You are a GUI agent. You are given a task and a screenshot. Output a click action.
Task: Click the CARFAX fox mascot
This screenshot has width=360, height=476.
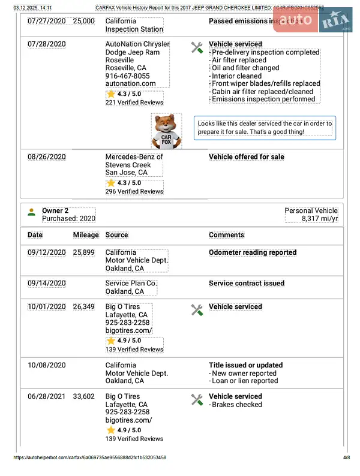click(166, 131)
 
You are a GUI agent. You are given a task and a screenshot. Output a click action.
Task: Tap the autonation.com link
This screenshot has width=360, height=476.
click(130, 84)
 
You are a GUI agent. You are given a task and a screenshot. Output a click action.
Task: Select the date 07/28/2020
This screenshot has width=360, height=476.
click(47, 44)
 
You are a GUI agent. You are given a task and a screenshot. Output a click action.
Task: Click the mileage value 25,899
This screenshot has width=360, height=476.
click(83, 253)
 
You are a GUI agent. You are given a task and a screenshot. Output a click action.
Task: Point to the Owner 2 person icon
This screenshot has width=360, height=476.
click(31, 212)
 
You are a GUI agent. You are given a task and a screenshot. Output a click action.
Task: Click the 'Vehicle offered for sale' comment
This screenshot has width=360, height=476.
click(246, 157)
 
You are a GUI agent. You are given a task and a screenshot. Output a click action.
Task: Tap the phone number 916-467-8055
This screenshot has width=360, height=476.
click(127, 76)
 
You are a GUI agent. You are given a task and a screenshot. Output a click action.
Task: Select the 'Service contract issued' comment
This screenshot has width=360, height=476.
click(246, 284)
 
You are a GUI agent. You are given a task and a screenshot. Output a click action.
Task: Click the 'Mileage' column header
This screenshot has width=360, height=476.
click(86, 235)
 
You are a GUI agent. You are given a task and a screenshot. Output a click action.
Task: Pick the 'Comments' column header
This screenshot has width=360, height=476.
click(226, 235)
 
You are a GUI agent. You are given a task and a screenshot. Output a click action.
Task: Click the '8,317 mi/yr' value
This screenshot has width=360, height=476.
click(320, 219)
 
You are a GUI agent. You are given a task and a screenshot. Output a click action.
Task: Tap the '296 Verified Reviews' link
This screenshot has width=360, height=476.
click(134, 191)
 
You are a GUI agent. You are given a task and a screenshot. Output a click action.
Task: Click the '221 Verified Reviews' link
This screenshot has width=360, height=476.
click(134, 103)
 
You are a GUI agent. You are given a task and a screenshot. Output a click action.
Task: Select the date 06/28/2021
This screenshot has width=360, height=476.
click(47, 396)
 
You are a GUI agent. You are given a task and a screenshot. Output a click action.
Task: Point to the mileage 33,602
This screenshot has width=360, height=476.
click(83, 396)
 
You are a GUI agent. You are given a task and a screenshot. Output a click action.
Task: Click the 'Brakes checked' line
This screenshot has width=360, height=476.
click(236, 405)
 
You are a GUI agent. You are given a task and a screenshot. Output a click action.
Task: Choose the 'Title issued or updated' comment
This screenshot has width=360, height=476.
click(245, 365)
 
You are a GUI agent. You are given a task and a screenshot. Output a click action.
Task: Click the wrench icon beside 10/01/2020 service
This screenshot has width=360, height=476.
click(197, 309)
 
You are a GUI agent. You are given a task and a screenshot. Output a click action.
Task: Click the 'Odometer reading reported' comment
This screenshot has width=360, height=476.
click(253, 253)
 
